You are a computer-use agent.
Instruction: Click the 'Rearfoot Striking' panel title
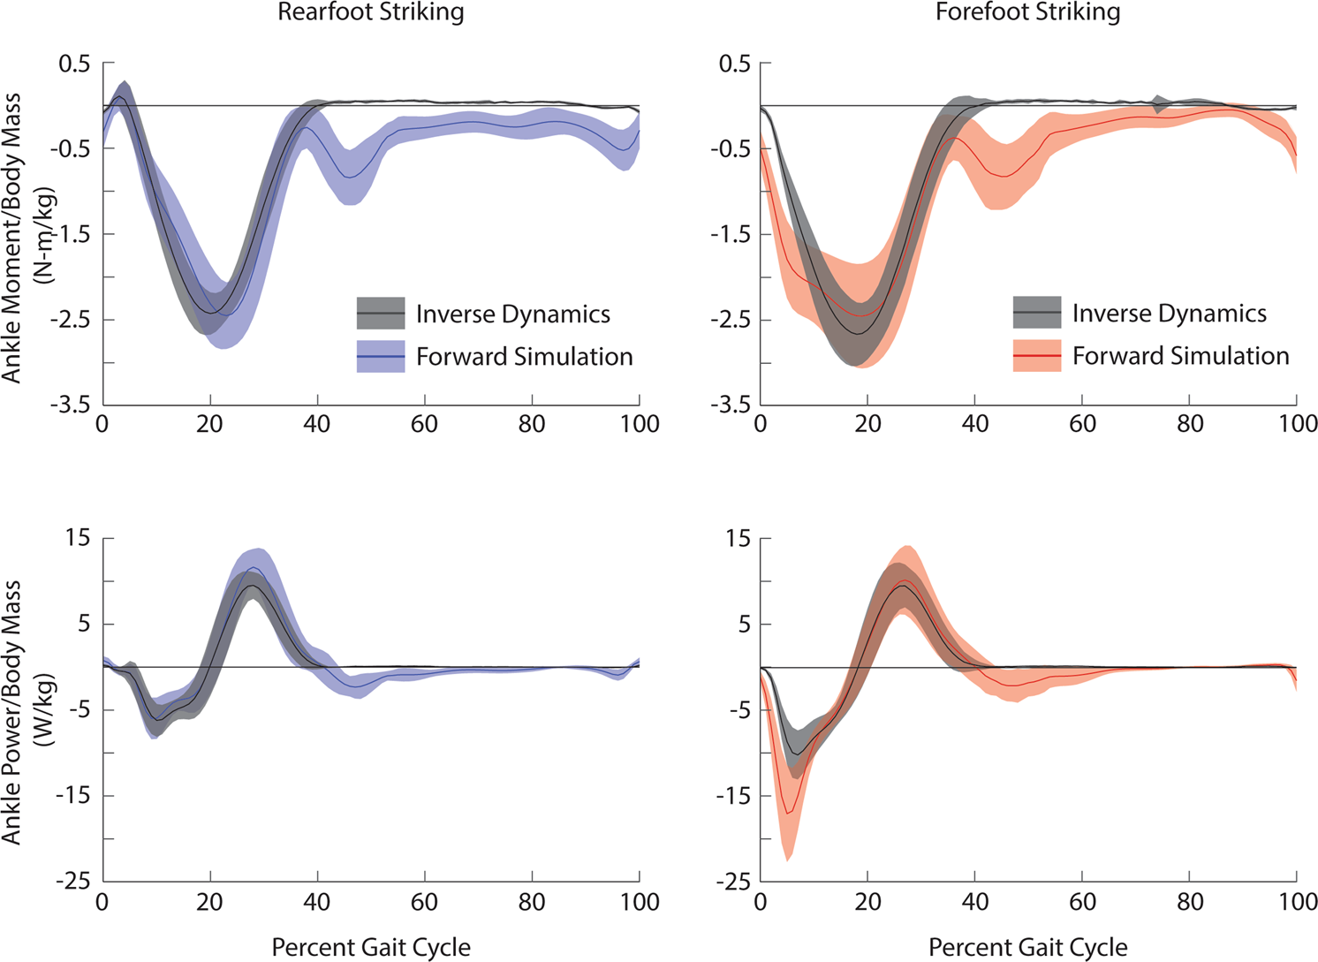[371, 12]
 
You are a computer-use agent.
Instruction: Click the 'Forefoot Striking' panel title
[1028, 12]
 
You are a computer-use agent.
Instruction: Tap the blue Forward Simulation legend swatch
[381, 356]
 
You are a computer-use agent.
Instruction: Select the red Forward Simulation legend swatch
[1037, 355]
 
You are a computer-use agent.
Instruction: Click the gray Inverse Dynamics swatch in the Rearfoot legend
[381, 314]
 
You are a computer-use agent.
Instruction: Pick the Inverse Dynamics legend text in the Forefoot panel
[1169, 314]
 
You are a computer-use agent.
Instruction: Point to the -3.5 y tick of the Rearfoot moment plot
[72, 405]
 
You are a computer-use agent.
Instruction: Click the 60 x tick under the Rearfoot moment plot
[424, 424]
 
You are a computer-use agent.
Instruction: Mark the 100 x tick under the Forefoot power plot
[1297, 902]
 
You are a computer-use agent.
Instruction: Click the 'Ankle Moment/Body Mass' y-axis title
[12, 239]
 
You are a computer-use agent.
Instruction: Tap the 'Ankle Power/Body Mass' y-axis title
[12, 711]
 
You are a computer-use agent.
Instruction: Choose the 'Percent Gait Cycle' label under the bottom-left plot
[371, 947]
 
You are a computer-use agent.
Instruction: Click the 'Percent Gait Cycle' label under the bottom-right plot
[1028, 947]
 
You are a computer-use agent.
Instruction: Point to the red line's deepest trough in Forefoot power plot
[788, 813]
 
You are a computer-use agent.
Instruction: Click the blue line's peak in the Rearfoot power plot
[254, 568]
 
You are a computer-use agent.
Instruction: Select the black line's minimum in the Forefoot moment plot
[858, 333]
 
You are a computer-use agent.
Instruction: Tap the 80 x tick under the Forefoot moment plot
[1190, 424]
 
